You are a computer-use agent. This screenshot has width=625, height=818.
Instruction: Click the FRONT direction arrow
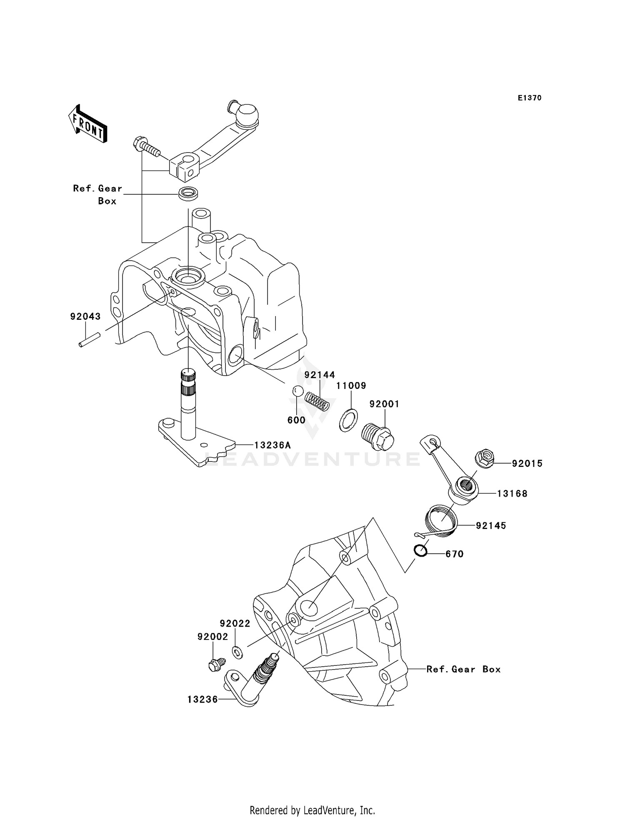(87, 125)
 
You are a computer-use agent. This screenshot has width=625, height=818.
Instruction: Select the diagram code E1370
(530, 98)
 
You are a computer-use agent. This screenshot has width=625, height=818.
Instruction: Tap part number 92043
(85, 316)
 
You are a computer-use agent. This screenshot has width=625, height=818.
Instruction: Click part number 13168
(512, 494)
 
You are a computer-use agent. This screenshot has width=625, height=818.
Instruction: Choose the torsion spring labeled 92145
(441, 520)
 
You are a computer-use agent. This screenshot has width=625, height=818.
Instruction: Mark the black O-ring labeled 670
(421, 551)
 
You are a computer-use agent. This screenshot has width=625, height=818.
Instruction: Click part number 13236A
(272, 445)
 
